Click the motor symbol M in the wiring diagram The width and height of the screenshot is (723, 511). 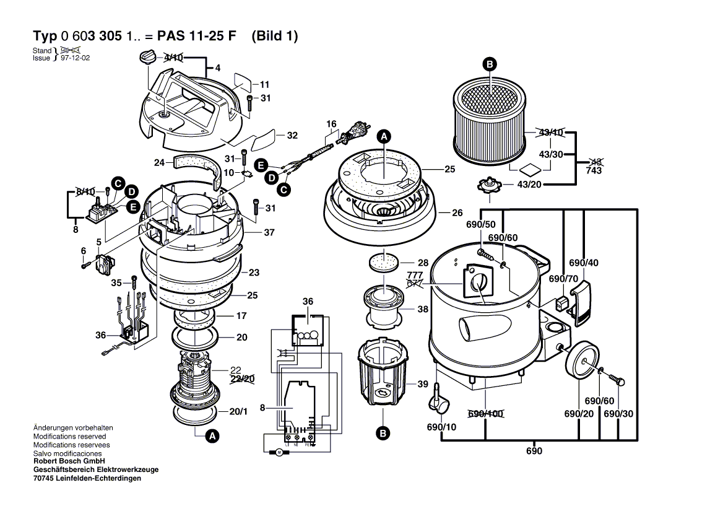[x=279, y=453]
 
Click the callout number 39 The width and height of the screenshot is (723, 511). [x=423, y=384]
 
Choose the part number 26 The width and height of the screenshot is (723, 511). [x=457, y=212]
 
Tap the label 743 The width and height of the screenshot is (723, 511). [x=594, y=170]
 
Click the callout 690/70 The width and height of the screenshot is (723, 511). [x=563, y=279]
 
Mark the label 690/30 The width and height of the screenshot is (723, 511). [x=618, y=414]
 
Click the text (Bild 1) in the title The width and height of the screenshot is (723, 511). [x=275, y=36]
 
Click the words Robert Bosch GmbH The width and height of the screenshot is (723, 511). [x=69, y=461]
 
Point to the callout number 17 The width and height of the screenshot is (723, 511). [x=241, y=316]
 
